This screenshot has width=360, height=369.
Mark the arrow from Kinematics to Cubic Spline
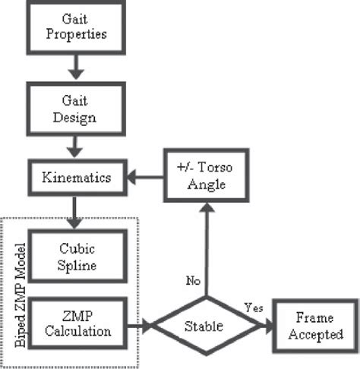point(74,211)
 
